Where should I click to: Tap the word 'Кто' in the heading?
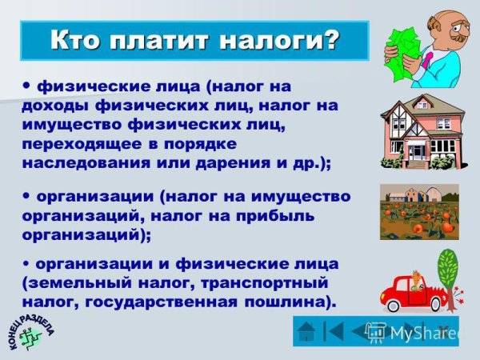coord(77,39)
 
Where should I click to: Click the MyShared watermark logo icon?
coord(375,331)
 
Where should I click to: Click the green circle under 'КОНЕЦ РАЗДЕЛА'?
coord(30,337)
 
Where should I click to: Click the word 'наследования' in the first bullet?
coord(87,162)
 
